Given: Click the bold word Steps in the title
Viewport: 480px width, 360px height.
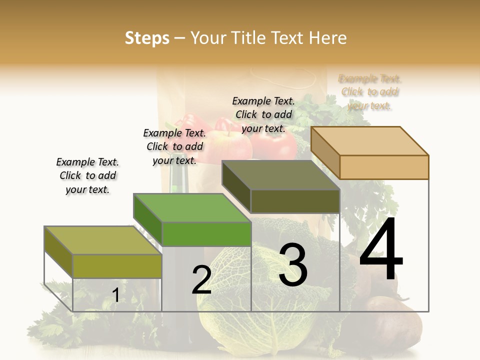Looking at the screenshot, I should (147, 38).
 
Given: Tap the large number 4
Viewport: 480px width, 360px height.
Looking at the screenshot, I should (381, 249).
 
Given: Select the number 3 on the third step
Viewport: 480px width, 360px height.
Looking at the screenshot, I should (292, 265).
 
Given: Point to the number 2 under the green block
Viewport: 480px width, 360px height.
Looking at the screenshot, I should (201, 280).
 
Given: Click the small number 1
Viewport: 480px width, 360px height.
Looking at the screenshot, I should (115, 295).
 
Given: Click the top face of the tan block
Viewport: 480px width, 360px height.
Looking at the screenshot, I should (370, 141).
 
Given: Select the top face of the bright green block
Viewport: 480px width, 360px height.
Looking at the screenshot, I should (192, 207).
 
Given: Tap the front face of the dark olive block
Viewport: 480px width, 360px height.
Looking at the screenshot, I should (295, 201).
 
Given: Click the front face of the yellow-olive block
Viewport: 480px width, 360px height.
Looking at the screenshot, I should (117, 266).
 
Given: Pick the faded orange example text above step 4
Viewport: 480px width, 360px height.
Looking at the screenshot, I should (369, 92).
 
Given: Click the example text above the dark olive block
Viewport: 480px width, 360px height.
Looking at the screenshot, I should (263, 114).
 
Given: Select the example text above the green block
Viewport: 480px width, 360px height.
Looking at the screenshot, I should (174, 146).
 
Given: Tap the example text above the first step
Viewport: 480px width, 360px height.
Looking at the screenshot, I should (87, 175).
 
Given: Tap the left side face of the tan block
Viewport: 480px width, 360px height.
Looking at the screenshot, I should (325, 152).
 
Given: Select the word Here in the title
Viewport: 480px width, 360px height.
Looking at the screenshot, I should (328, 38).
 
